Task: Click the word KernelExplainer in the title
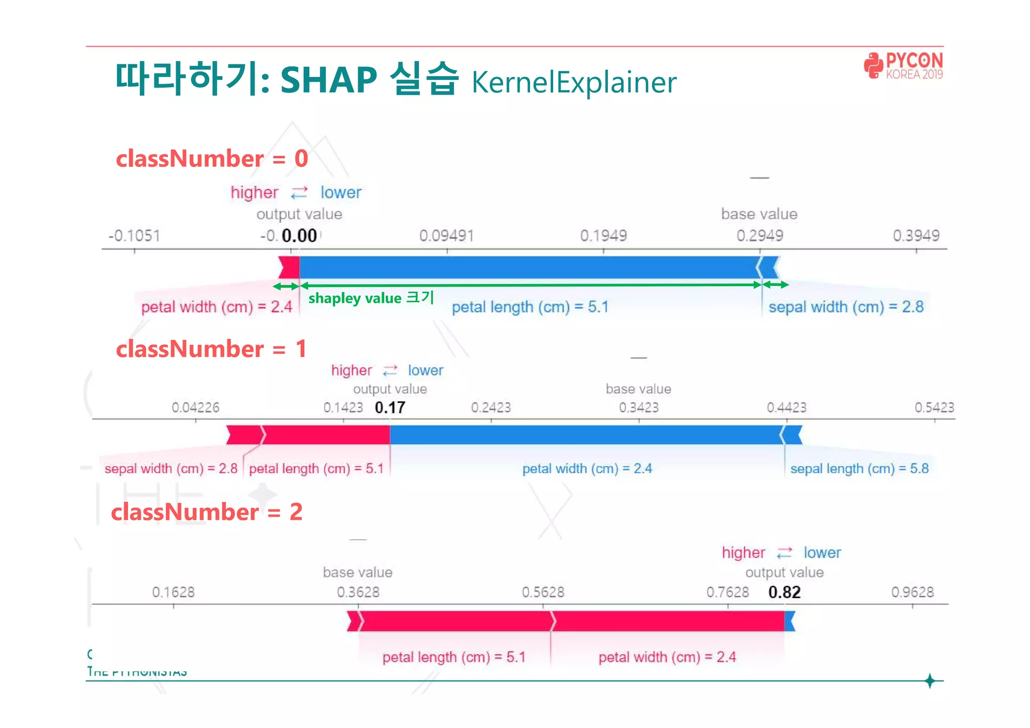pyautogui.click(x=574, y=82)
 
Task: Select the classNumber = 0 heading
pyautogui.click(x=212, y=159)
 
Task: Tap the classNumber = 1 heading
pyautogui.click(x=211, y=349)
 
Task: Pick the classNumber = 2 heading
pyautogui.click(x=207, y=512)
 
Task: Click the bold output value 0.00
pyautogui.click(x=299, y=236)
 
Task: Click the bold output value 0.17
pyautogui.click(x=390, y=407)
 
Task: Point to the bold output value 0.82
pyautogui.click(x=784, y=592)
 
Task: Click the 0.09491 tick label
pyautogui.click(x=447, y=236)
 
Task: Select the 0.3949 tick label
pyautogui.click(x=916, y=236)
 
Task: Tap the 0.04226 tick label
pyautogui.click(x=196, y=407)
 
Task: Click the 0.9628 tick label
pyautogui.click(x=912, y=592)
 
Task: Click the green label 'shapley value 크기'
pyautogui.click(x=371, y=298)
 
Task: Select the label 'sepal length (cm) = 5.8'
pyautogui.click(x=859, y=469)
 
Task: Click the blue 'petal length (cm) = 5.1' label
pyautogui.click(x=530, y=307)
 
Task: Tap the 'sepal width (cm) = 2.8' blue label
pyautogui.click(x=846, y=307)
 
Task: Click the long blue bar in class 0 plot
pyautogui.click(x=528, y=267)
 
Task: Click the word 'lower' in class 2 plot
pyautogui.click(x=822, y=553)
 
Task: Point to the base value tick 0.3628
pyautogui.click(x=358, y=592)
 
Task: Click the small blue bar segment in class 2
pyautogui.click(x=789, y=621)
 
